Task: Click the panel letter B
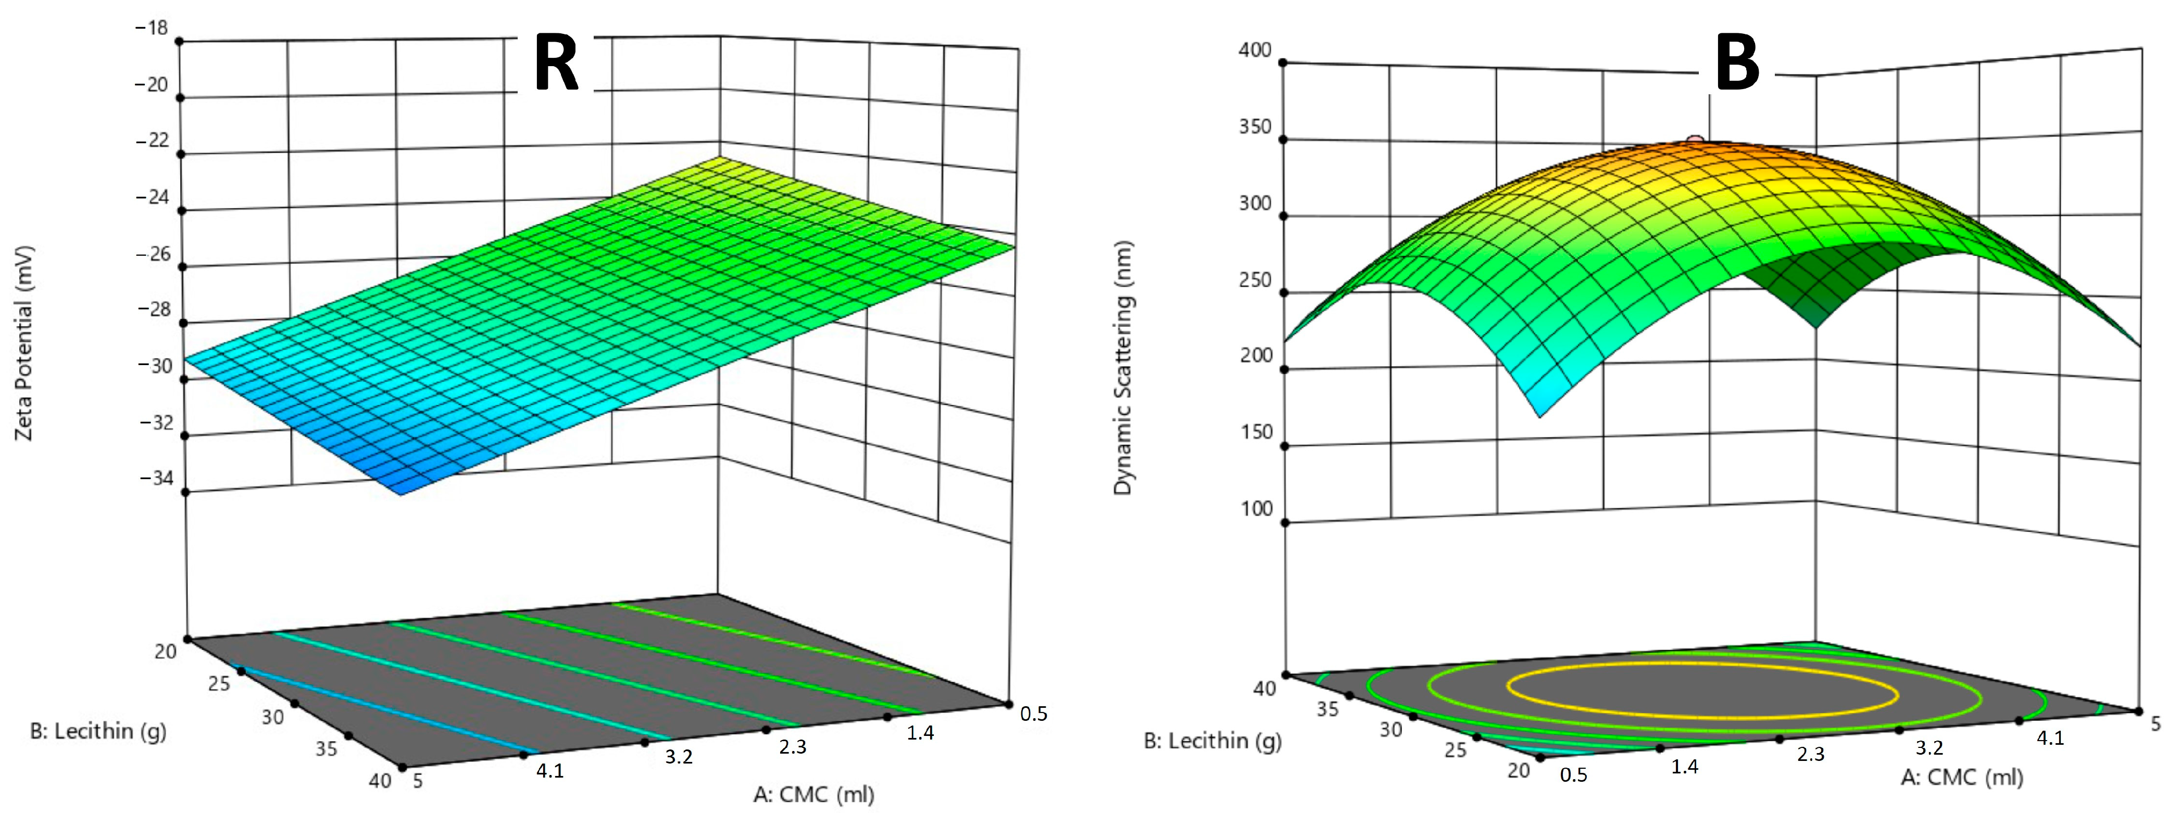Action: tap(1736, 64)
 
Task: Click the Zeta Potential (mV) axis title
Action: tap(23, 343)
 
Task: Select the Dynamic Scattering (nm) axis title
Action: tap(1123, 368)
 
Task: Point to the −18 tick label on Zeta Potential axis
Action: tap(152, 28)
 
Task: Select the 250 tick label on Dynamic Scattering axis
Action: tap(1255, 279)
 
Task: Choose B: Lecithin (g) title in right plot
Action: tap(1212, 741)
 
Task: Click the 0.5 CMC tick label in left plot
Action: tap(1034, 714)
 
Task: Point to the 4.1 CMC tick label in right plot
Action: tap(2049, 738)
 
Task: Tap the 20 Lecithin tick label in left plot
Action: tap(166, 651)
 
